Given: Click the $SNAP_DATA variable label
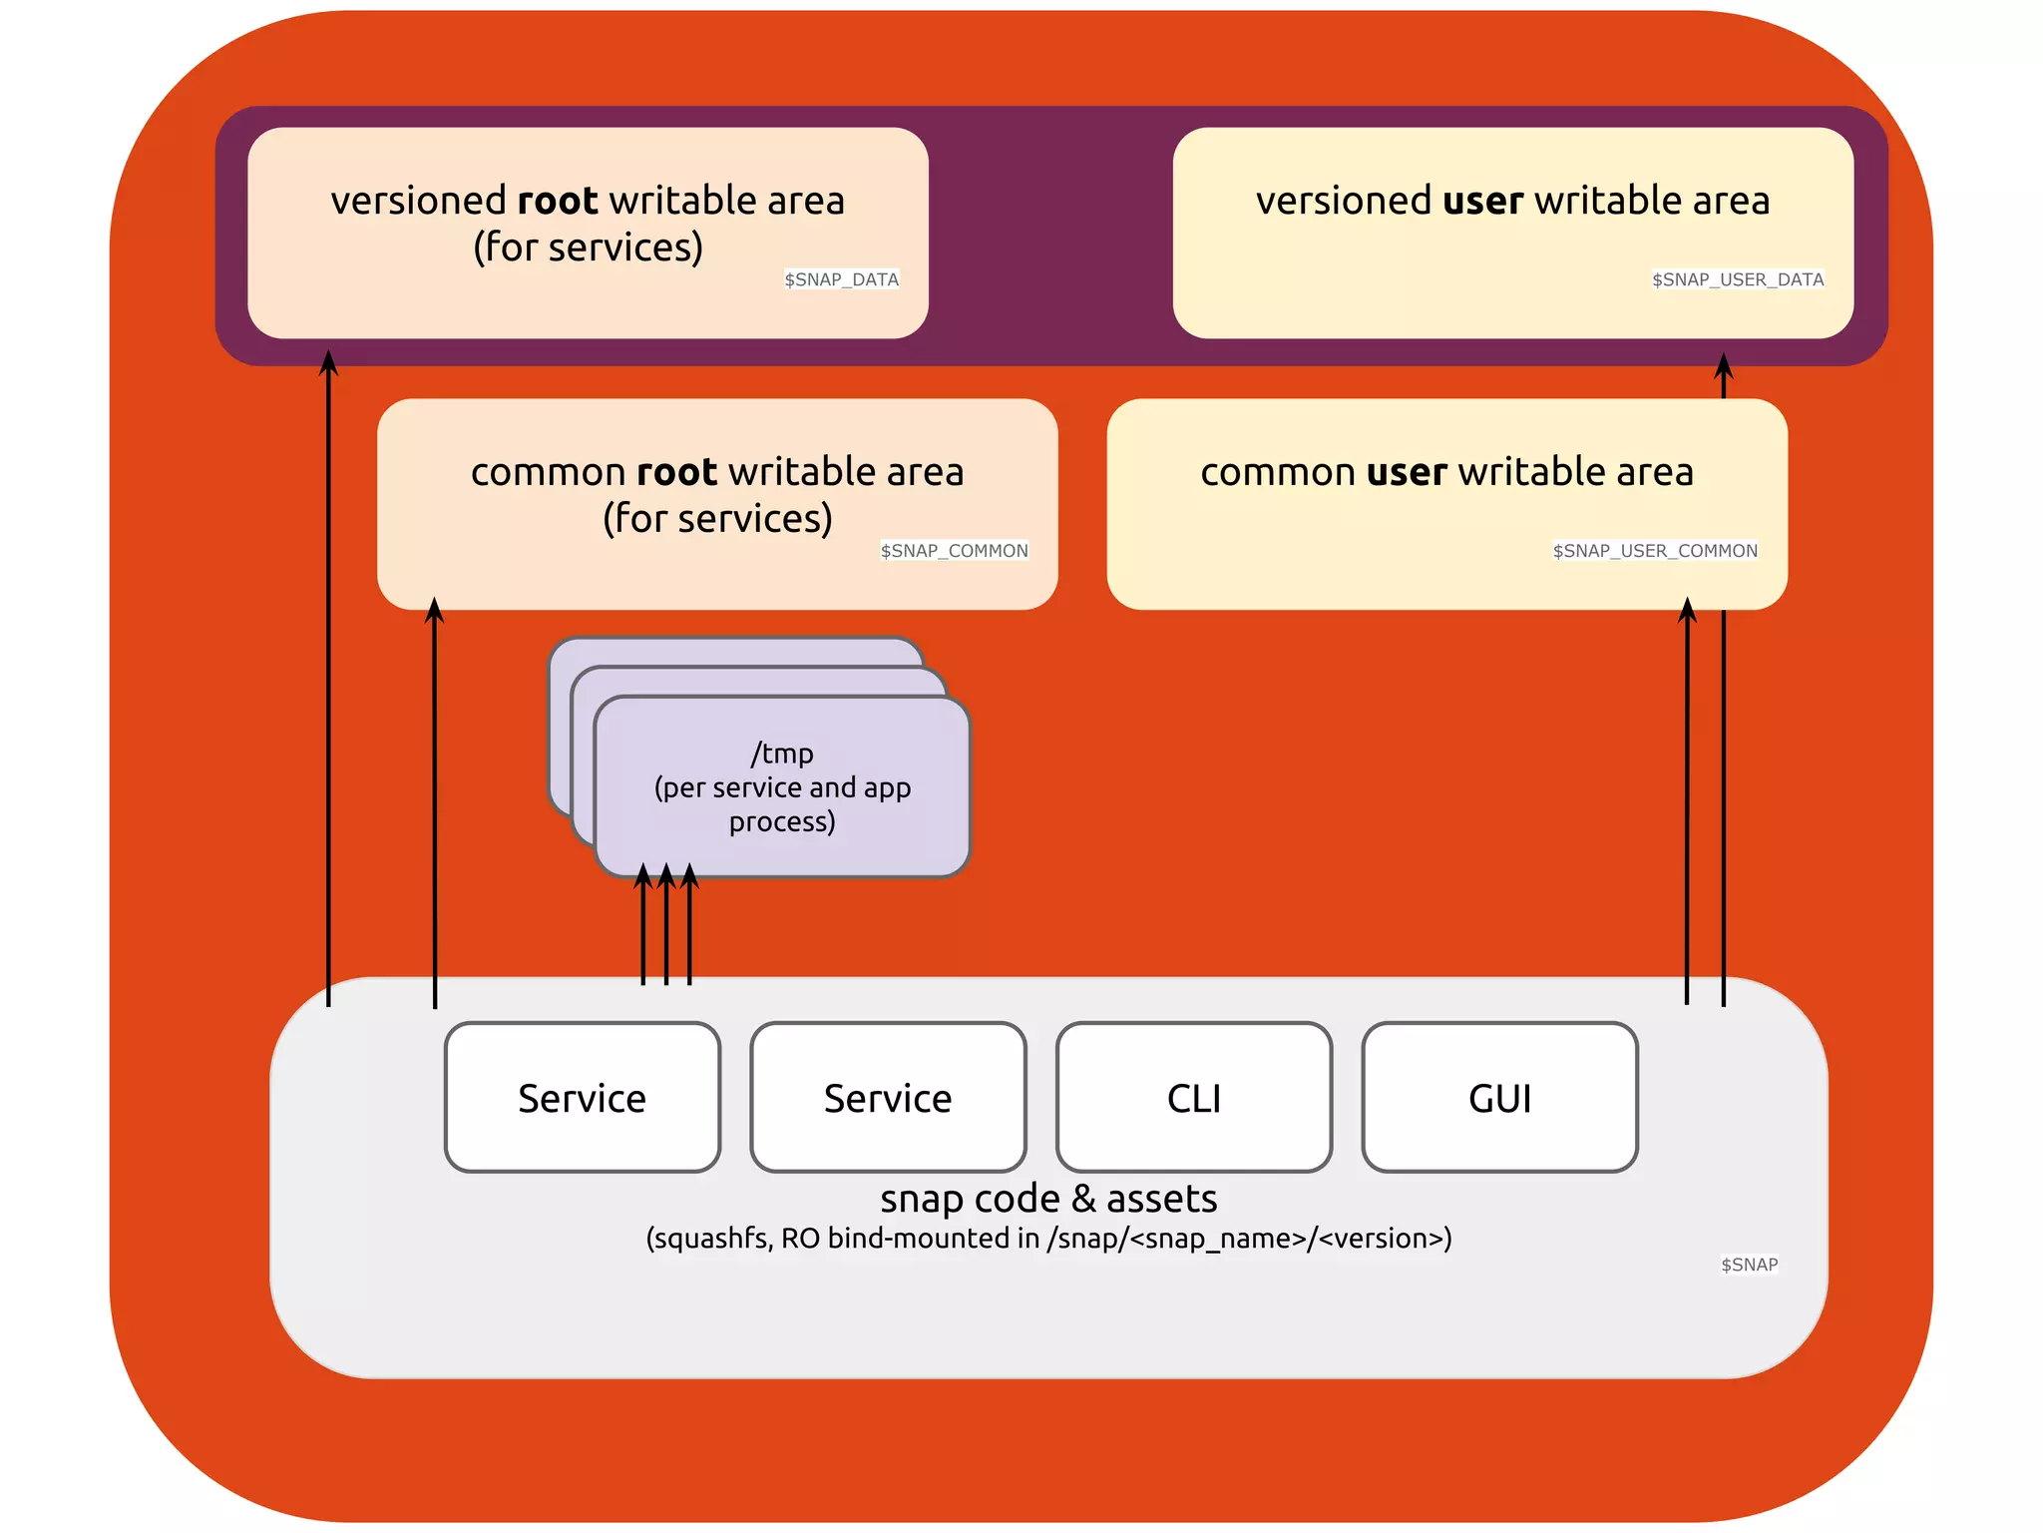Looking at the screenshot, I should coord(841,279).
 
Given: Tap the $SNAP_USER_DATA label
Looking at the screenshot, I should coord(1737,279).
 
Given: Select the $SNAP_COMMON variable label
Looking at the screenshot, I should coord(954,551).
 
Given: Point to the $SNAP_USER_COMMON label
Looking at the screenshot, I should coord(1655,551).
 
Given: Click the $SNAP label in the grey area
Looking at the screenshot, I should coord(1749,1265).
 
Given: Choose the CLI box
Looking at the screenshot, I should coord(1194,1098).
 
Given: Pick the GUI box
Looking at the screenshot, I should coord(1499,1098).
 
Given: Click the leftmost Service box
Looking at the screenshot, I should coord(583,1098).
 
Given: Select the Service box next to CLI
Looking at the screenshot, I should coord(888,1098).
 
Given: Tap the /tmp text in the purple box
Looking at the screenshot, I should coord(782,754).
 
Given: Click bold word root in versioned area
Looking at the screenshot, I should coord(557,201).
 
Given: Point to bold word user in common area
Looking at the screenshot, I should coord(1407,472).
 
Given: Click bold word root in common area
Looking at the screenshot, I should coord(676,472).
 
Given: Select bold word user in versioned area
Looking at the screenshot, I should coord(1482,201).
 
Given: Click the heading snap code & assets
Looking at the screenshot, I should coord(1048,1199).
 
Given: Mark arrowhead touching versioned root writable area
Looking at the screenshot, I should coord(328,362).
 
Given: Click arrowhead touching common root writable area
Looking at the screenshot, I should coord(434,610).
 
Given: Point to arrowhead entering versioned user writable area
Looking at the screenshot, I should coord(1723,366).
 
